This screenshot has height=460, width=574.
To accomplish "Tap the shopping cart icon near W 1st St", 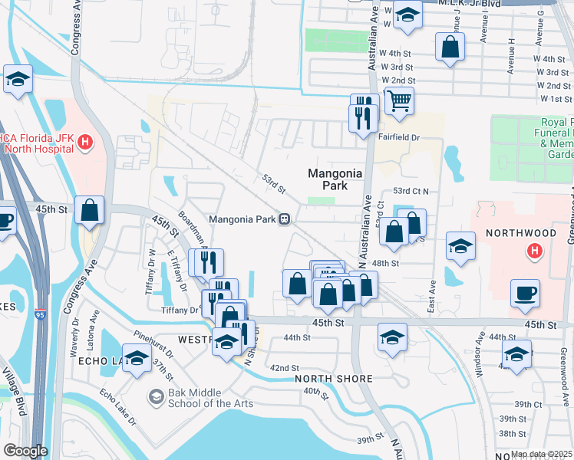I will pos(399,100).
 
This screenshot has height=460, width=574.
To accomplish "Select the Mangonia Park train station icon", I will pos(284,219).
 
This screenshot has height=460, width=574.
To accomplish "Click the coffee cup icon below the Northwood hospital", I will pos(525,293).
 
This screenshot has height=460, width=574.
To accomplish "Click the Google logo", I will pos(25,451).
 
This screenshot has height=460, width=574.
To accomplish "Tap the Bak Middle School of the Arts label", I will pos(201,397).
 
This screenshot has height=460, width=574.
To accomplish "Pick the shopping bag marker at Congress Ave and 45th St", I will pos(90,209).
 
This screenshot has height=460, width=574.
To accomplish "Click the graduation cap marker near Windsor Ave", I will pos(516,354).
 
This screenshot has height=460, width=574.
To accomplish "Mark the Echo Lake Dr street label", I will pos(117,409).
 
